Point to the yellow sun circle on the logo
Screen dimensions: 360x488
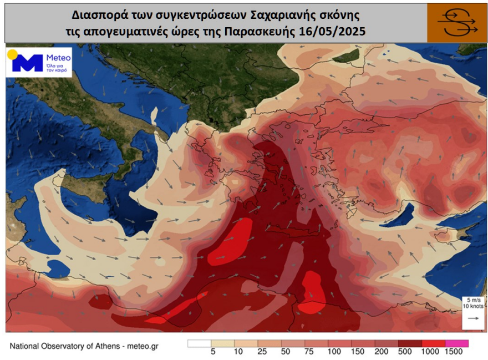tap(12, 55)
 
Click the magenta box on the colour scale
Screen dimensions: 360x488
tap(457, 343)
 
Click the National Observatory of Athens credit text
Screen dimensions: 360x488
tap(84, 346)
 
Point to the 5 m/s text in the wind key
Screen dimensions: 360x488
tap(471, 300)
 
